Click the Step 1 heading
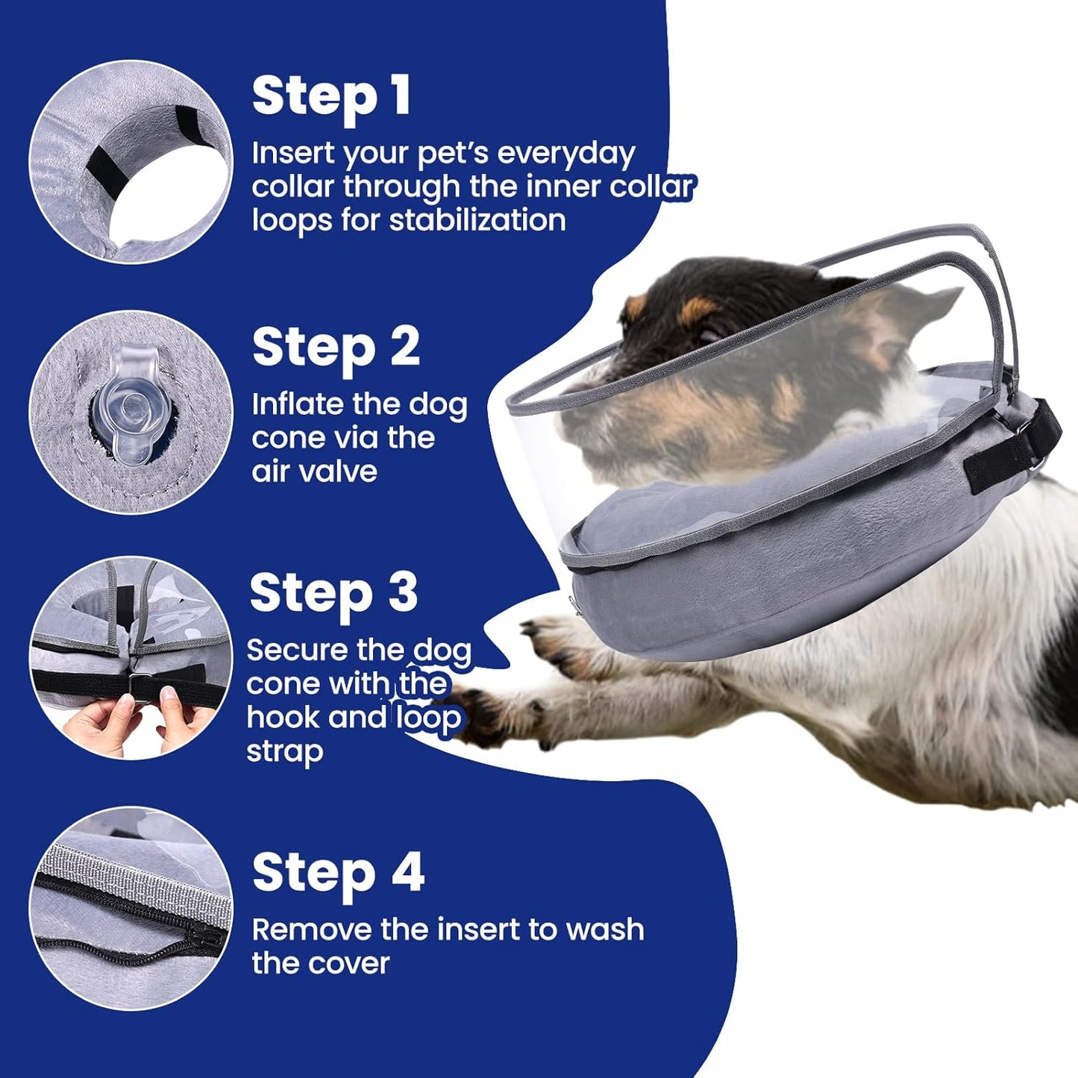click(x=331, y=97)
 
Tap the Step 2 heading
click(x=336, y=348)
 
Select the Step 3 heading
click(x=333, y=593)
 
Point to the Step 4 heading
click(x=338, y=873)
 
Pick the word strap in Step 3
click(x=284, y=752)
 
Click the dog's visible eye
click(x=710, y=333)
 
